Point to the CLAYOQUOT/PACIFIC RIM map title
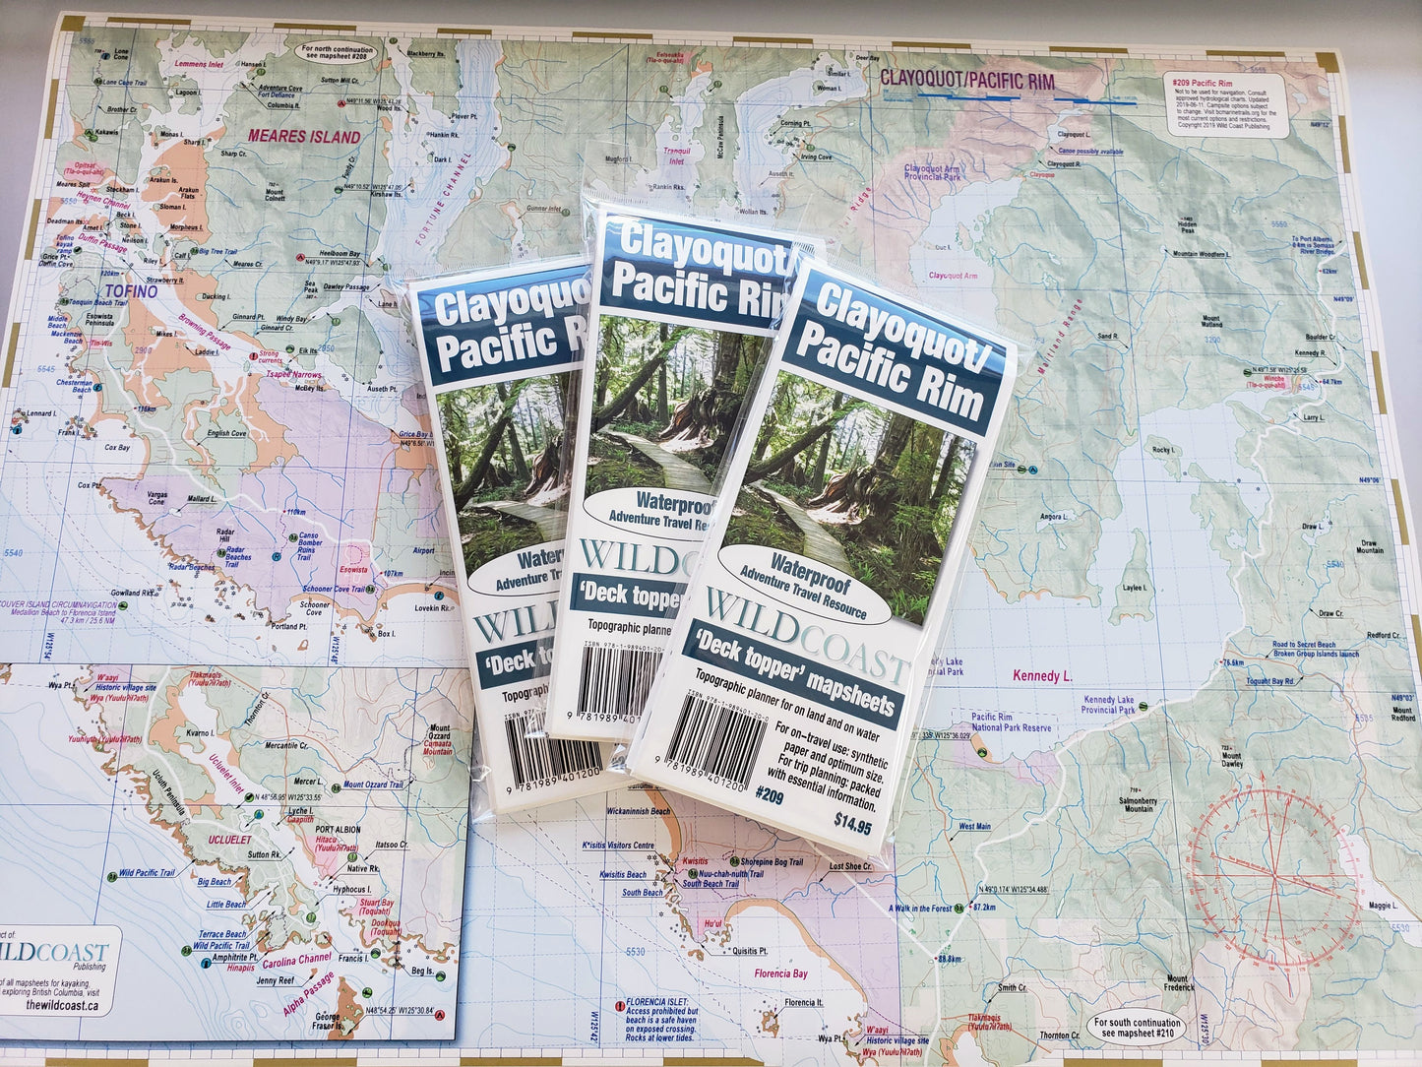pyautogui.click(x=966, y=79)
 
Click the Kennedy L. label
pyautogui.click(x=1042, y=676)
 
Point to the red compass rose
pyautogui.click(x=1273, y=872)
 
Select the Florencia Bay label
pyautogui.click(x=780, y=973)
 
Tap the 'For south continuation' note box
pyautogui.click(x=1136, y=1027)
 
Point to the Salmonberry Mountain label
pyautogui.click(x=1139, y=803)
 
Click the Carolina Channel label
pyautogui.click(x=295, y=959)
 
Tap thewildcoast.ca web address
pyautogui.click(x=62, y=1004)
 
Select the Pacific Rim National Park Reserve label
pyautogui.click(x=1011, y=722)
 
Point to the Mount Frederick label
pyautogui.click(x=1177, y=984)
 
